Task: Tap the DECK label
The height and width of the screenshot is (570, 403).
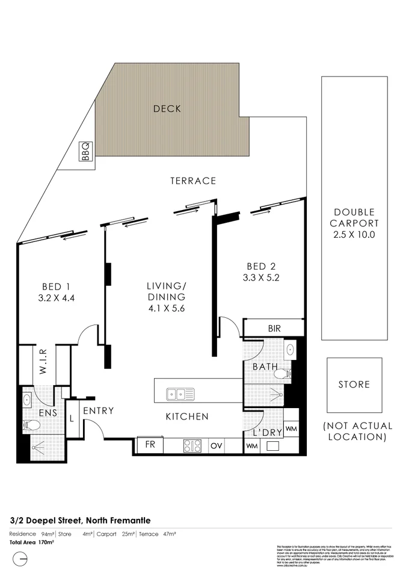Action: tap(167, 109)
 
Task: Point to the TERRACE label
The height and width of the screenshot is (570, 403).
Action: tap(192, 181)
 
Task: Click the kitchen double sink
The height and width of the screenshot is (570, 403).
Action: tap(180, 395)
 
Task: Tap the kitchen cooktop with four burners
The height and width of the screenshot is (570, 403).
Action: tap(192, 446)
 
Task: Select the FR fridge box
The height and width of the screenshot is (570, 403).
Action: tap(149, 446)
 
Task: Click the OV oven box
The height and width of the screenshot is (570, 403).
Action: tap(216, 446)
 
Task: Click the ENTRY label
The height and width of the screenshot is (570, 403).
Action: tap(99, 411)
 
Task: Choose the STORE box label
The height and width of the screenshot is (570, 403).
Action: tap(354, 385)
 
